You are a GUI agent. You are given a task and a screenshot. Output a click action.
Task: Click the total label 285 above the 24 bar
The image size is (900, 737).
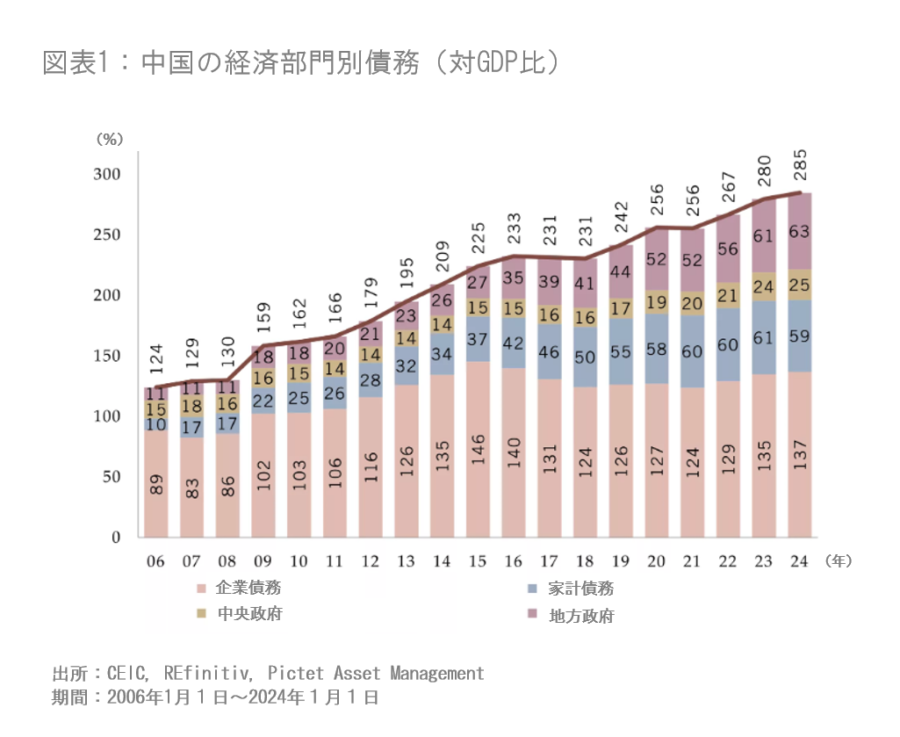pos(800,164)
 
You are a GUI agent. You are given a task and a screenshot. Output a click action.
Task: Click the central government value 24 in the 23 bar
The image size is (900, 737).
pos(764,286)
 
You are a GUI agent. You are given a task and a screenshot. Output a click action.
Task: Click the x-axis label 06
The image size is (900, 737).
pos(155,560)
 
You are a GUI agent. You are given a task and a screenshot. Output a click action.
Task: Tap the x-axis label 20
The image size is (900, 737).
pos(656,560)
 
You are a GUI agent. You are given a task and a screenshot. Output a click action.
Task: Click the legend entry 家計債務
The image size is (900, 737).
pos(580,589)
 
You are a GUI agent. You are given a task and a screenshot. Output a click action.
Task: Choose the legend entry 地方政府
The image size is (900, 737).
pos(580,616)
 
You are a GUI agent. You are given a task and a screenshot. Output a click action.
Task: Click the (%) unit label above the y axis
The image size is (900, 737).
pos(112,138)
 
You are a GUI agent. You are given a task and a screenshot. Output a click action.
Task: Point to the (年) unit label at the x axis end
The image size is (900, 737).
pos(839,559)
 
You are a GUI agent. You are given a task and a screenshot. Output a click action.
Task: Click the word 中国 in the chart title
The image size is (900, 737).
pos(161,63)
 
